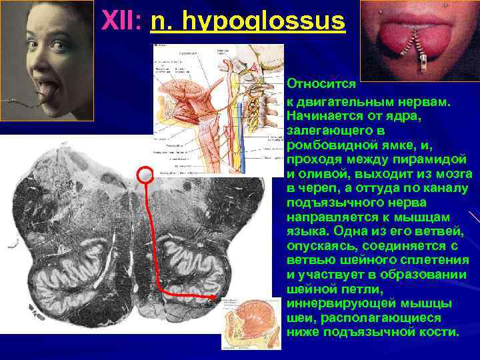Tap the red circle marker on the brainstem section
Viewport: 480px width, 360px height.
tap(145, 175)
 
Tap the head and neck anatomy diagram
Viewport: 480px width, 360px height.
tap(220, 107)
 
